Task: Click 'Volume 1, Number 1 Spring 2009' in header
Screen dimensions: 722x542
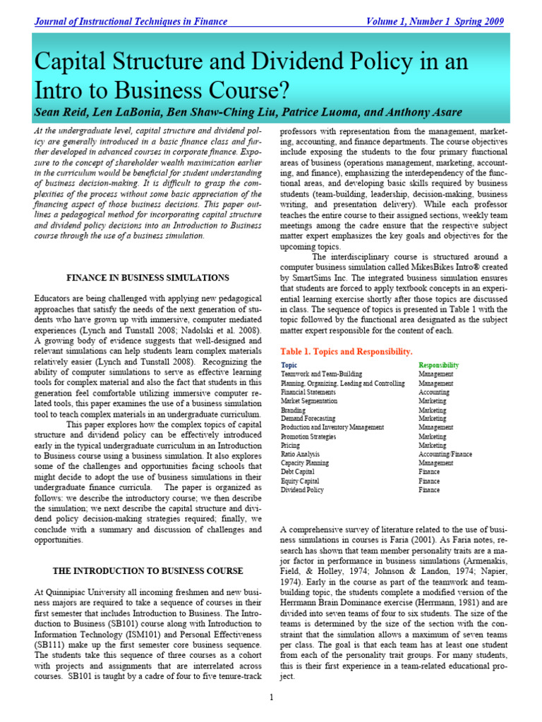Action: click(435, 22)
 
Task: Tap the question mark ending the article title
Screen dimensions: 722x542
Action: click(286, 90)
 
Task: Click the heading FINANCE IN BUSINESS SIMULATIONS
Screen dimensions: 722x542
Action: click(147, 279)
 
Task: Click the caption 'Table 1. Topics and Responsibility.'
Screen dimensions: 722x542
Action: click(346, 351)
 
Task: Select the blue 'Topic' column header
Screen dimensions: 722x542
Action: click(289, 365)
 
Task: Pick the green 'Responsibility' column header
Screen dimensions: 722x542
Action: click(438, 365)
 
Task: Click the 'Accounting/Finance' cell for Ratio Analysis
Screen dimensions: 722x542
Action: click(445, 454)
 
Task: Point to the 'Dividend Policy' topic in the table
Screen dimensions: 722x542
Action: click(302, 489)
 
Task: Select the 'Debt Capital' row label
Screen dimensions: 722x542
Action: click(299, 472)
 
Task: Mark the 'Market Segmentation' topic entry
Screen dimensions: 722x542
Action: click(309, 400)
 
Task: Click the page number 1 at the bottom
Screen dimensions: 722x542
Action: click(271, 698)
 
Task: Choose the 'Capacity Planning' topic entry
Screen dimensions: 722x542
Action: click(305, 463)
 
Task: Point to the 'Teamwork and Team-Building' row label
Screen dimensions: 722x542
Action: click(321, 374)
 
